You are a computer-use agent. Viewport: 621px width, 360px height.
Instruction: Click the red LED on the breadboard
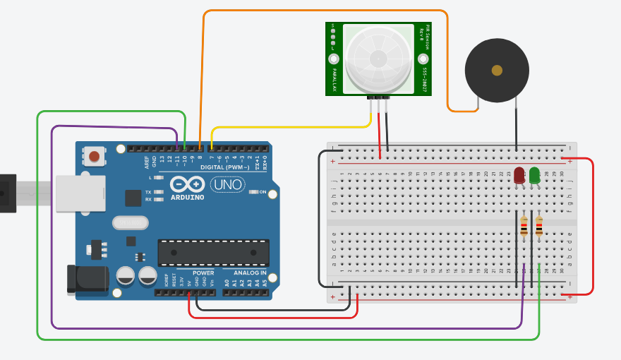pos(519,175)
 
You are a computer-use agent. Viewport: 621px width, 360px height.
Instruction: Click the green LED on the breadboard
pos(535,174)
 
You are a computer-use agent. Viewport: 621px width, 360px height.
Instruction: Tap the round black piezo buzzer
pos(497,70)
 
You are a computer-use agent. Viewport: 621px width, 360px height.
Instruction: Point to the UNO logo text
pos(227,186)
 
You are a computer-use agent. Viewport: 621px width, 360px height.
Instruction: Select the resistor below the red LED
pos(523,227)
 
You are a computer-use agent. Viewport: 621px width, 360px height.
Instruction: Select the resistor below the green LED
pos(539,226)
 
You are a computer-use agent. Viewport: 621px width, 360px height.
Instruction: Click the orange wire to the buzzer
pos(325,11)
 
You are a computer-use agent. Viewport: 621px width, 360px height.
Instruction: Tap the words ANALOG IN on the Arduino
pos(245,272)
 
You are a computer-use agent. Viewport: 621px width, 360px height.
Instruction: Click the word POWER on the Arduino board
pos(203,272)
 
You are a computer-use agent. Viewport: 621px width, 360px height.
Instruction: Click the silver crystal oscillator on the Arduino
pos(131,223)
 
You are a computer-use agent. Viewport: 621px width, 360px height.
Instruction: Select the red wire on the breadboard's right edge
pos(592,226)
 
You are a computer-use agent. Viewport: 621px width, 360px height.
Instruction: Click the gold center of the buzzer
pos(497,70)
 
